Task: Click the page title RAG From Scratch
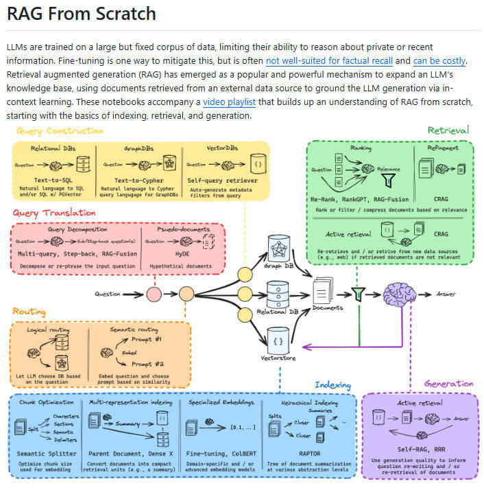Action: [x=81, y=14]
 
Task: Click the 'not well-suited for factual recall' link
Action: [x=335, y=60]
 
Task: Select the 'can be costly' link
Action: [x=439, y=60]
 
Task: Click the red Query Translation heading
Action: [x=54, y=213]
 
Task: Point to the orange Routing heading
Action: [x=29, y=312]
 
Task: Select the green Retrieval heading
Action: [x=448, y=130]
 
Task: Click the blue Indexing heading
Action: [x=332, y=385]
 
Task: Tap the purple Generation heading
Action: [x=448, y=384]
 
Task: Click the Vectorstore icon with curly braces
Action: [x=278, y=339]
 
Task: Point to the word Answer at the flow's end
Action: [x=446, y=294]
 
